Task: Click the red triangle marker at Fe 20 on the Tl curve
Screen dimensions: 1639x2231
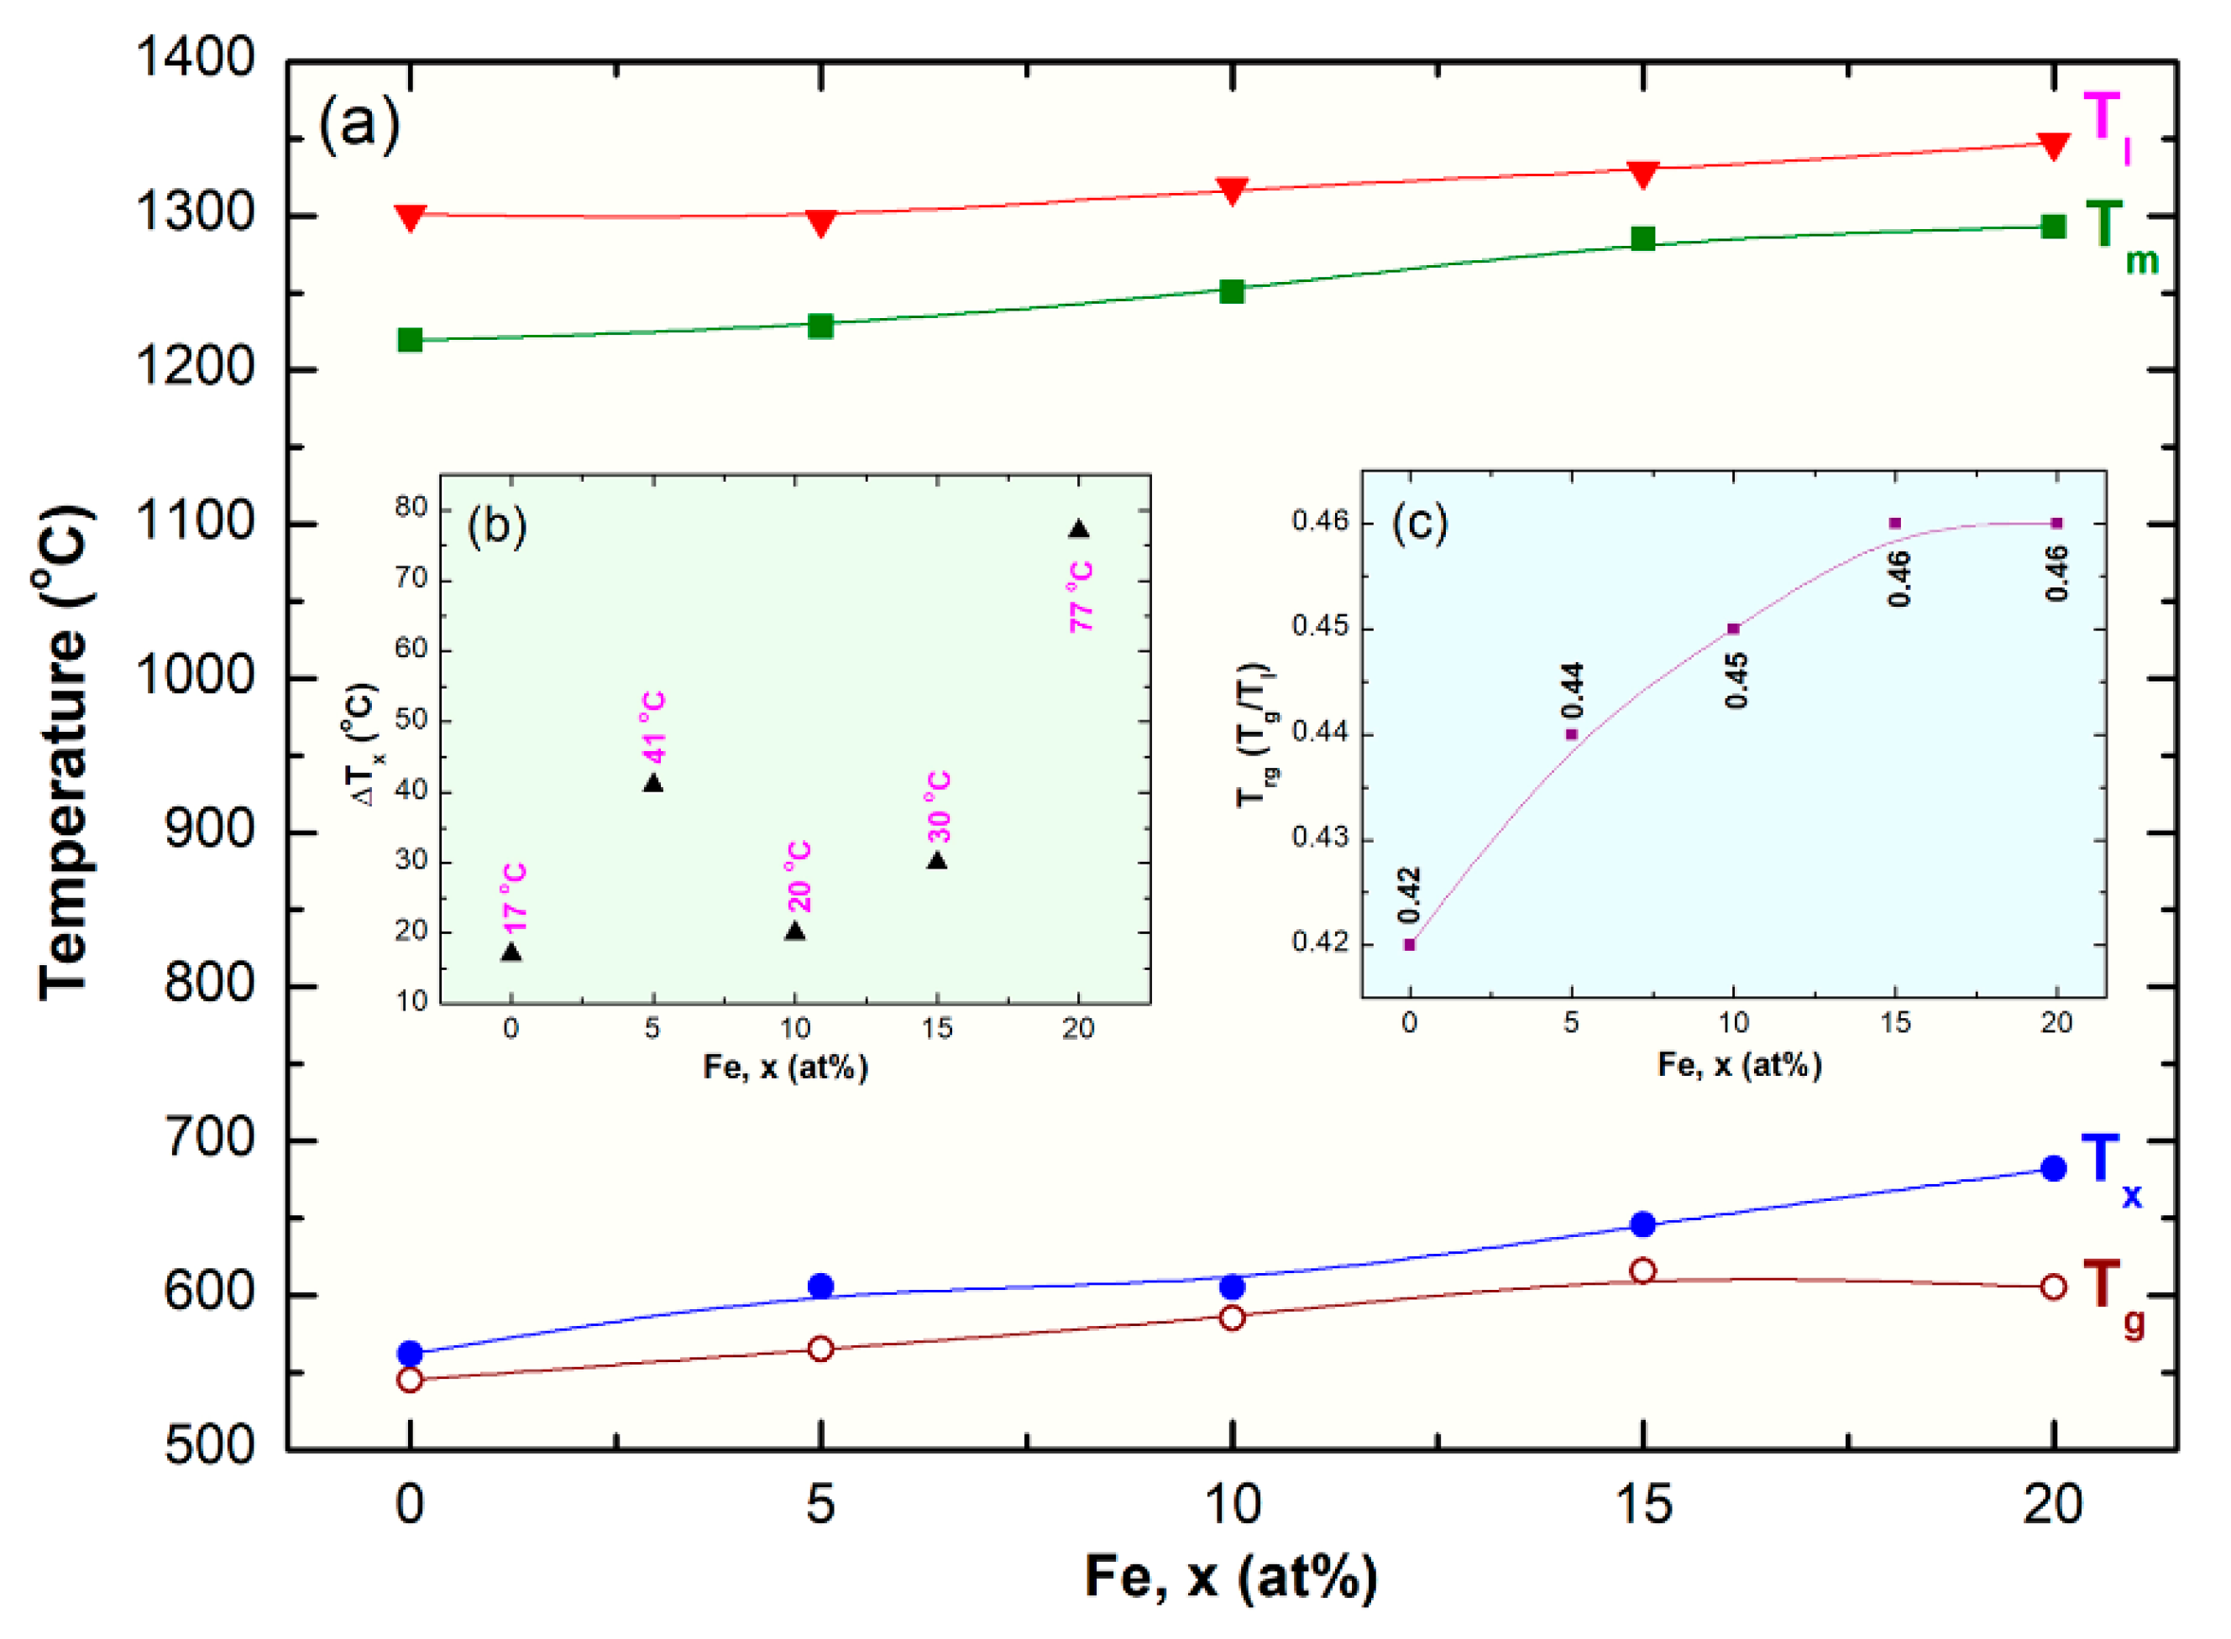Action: coord(2052,146)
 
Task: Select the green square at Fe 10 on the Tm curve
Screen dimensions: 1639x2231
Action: coord(1231,290)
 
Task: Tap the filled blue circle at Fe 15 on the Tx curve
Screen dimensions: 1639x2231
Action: coord(1642,1224)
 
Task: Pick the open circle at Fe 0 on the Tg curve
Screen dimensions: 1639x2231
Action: coord(410,1380)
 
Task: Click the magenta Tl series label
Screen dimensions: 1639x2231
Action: coord(2104,124)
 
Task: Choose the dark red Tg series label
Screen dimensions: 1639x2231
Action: coord(2111,1295)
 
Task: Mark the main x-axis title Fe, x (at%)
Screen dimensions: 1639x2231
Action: coord(1231,1574)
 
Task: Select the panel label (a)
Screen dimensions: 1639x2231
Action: coord(359,125)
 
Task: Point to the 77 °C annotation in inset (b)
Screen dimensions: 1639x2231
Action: coord(1081,598)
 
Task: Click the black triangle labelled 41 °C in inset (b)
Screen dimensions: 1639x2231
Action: coord(652,784)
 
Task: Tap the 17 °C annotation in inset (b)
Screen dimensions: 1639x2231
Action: coord(514,899)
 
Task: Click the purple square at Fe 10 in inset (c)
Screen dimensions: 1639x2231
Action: coord(1733,628)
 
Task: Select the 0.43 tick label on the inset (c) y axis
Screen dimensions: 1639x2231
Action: coord(1320,838)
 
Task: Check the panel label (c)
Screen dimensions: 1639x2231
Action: coord(1419,523)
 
